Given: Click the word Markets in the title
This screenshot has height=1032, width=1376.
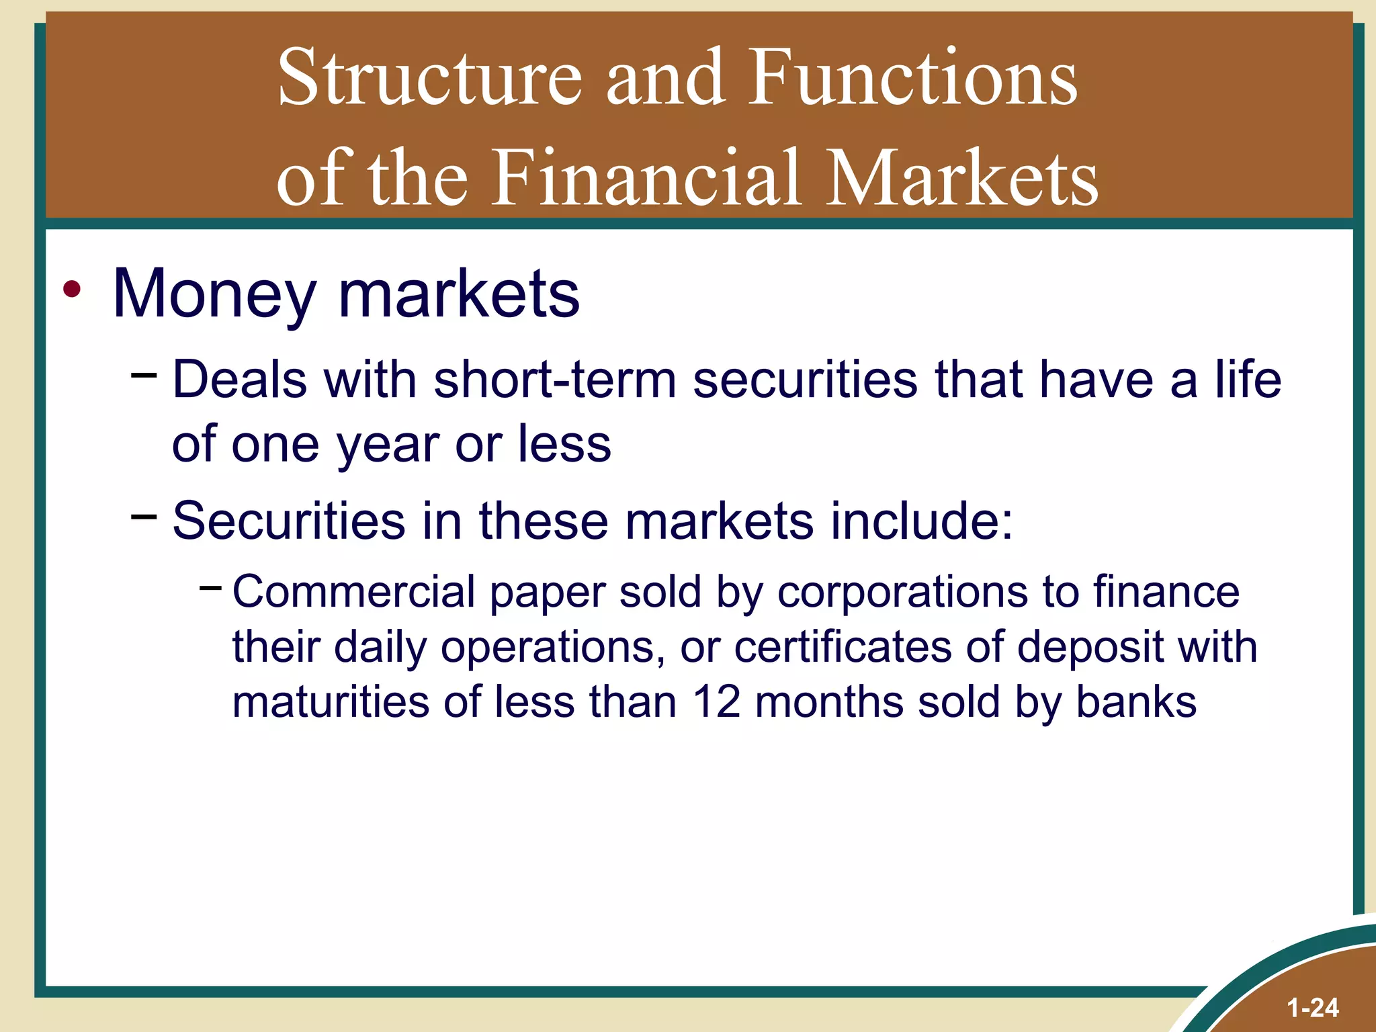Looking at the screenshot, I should click(x=961, y=178).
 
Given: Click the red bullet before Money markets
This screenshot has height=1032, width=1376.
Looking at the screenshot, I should click(x=72, y=290).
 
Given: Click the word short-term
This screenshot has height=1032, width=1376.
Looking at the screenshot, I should click(x=554, y=380).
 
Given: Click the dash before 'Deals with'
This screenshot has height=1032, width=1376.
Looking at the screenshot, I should click(x=144, y=373).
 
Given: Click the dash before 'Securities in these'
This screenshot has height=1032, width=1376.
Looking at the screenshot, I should click(x=144, y=516).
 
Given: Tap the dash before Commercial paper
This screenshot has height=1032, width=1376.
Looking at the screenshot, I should click(x=210, y=588).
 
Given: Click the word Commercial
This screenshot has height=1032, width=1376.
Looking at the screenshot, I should click(x=353, y=593).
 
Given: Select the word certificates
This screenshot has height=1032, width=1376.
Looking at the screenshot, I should click(x=843, y=648).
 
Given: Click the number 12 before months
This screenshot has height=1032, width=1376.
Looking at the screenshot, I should click(x=716, y=702).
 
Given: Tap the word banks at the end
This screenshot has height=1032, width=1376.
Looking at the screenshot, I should click(x=1136, y=702).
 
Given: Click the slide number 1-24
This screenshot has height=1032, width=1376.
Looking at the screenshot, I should click(x=1313, y=1008).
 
